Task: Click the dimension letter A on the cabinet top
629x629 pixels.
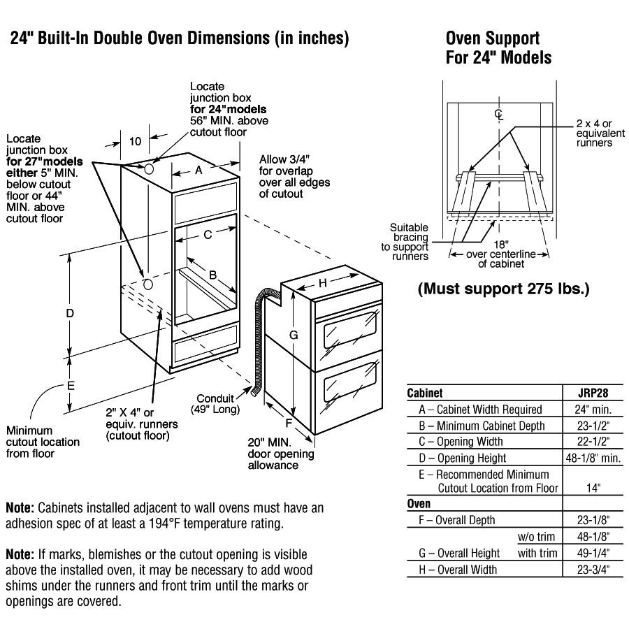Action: [x=198, y=169]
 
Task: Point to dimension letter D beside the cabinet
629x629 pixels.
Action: [x=70, y=314]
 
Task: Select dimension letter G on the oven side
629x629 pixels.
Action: [x=294, y=335]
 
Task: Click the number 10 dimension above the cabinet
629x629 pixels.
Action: [x=135, y=140]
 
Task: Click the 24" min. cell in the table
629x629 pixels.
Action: [x=584, y=410]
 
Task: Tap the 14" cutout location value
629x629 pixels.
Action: [x=593, y=488]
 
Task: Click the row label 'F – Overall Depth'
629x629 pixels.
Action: [x=457, y=520]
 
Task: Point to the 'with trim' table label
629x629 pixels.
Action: [x=537, y=553]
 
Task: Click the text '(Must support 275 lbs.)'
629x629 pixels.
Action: [x=503, y=288]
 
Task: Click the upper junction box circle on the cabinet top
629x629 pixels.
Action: [x=150, y=168]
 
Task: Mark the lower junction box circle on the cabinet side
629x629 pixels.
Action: [x=147, y=284]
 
